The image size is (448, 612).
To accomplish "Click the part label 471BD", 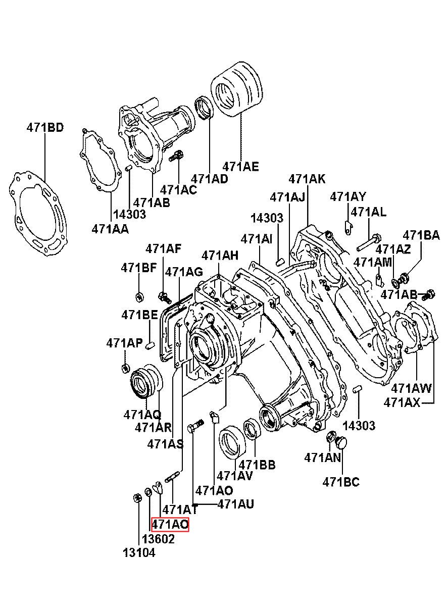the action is tap(45, 128).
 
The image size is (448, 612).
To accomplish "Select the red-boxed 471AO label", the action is tap(170, 524).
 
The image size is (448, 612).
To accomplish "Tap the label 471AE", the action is tap(240, 167).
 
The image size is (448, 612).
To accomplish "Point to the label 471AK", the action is tap(307, 179).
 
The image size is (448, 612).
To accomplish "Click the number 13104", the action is tap(139, 553).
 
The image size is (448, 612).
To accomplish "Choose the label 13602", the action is tap(158, 539).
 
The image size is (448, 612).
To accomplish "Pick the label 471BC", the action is tap(341, 482).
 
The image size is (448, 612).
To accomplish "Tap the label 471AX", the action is tap(402, 403).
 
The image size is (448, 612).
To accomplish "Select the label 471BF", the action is tap(139, 268).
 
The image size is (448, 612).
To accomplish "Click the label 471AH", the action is tap(220, 256).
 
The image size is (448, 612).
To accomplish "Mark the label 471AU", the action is tap(236, 504).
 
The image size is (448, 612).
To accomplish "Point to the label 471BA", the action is tap(422, 235).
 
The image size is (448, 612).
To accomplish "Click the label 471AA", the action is tap(110, 229).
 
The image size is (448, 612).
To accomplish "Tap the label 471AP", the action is tap(125, 343).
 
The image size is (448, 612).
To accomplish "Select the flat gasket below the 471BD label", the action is tap(38, 214).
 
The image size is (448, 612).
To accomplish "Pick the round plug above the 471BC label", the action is tap(341, 443).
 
